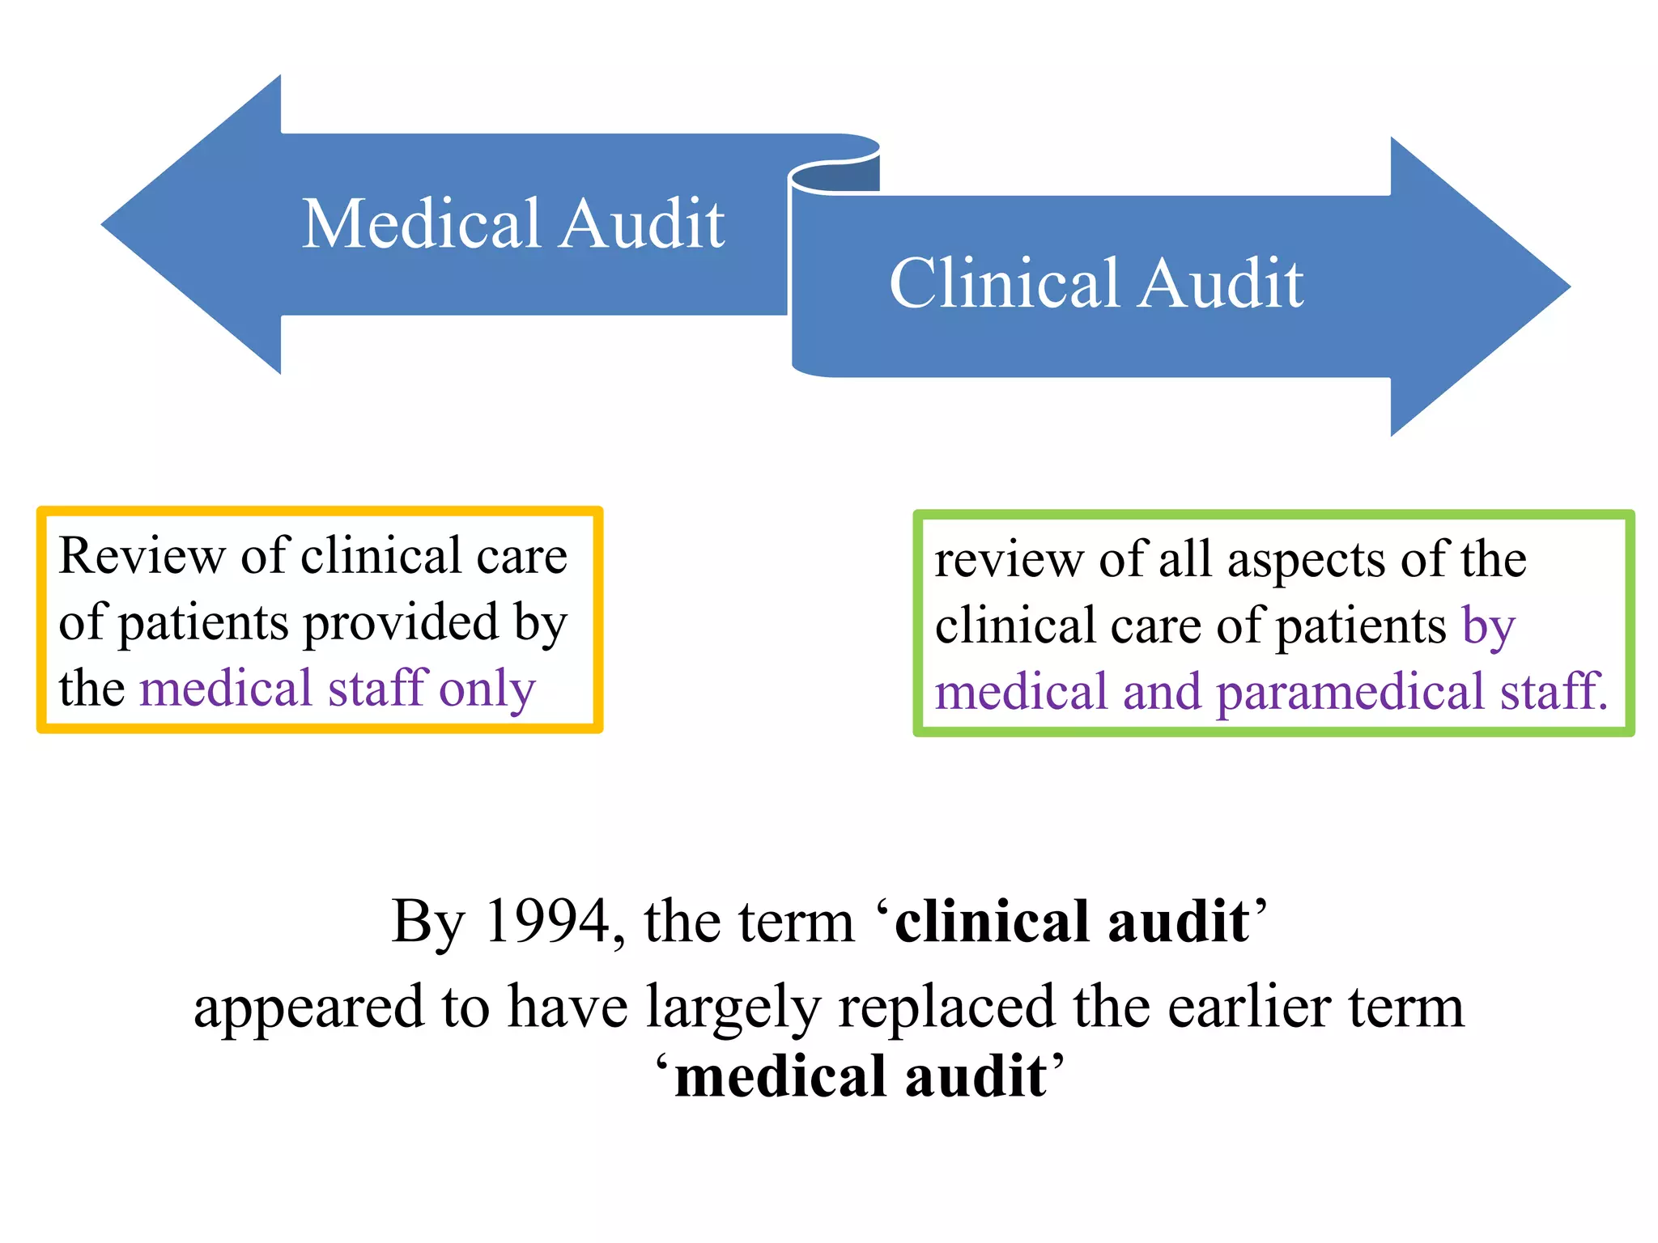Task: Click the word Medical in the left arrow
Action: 422,223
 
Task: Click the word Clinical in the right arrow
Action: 1005,283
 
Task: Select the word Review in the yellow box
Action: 142,557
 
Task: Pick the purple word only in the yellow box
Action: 487,690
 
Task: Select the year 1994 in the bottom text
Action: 547,922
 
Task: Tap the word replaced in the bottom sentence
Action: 946,1008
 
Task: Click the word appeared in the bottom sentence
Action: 308,1008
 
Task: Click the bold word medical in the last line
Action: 779,1077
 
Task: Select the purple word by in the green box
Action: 1488,626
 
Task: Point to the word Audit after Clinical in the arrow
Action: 1222,283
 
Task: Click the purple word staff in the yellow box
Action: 377,689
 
